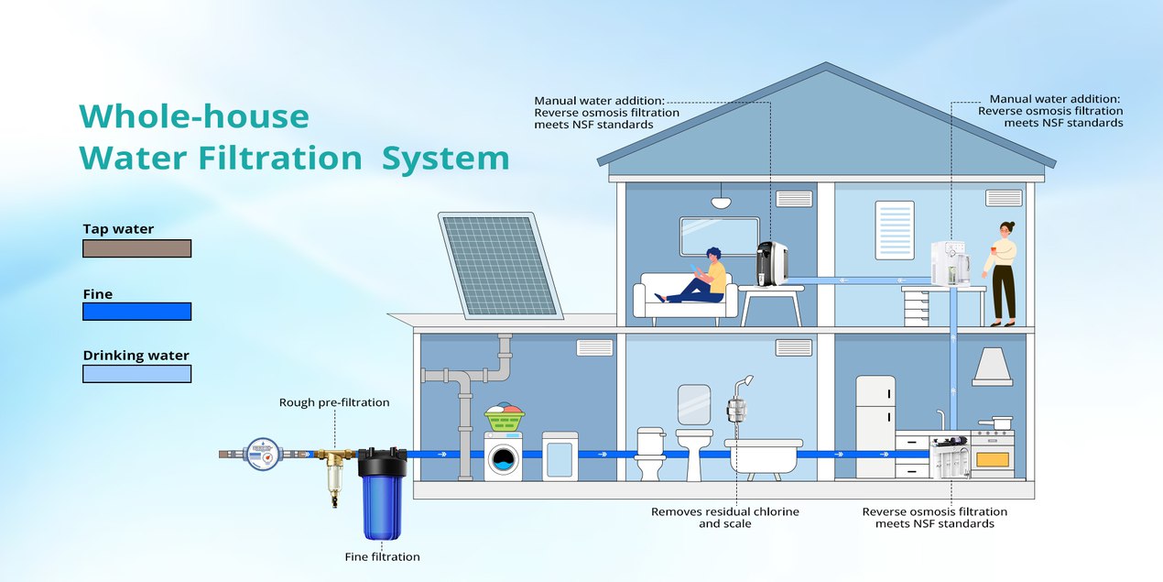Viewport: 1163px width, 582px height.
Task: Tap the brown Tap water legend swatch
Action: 136,248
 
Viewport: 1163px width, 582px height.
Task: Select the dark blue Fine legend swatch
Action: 136,312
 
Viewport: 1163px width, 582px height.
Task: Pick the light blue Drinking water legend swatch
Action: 136,374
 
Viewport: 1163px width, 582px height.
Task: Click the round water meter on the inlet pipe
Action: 261,454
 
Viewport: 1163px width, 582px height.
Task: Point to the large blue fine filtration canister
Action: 382,495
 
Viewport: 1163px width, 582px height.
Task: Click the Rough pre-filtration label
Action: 334,402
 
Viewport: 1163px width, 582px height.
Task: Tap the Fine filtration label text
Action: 382,556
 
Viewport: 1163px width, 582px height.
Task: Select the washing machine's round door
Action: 503,459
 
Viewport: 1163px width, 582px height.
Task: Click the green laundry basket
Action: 504,420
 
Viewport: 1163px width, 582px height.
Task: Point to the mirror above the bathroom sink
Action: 694,404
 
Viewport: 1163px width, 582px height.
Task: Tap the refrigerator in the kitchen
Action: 875,426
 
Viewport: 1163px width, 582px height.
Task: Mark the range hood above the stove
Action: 992,367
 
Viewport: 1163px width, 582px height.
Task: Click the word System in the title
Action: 445,158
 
